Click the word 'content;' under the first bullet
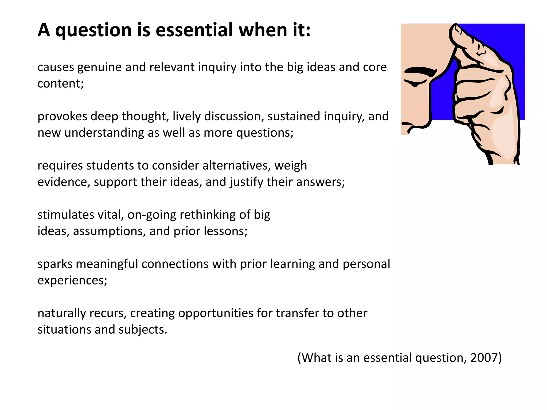point(60,84)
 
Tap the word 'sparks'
point(55,265)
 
